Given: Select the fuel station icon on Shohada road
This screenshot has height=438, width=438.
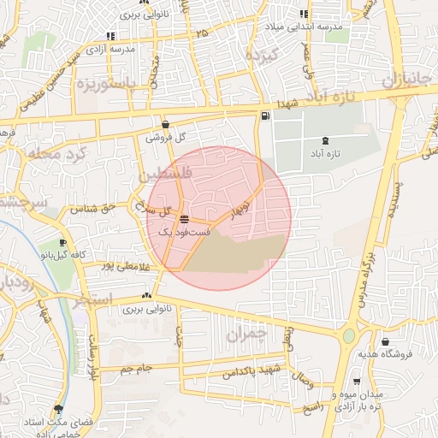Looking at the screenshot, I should tap(264, 115).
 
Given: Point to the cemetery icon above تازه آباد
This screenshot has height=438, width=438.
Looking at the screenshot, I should tap(324, 140).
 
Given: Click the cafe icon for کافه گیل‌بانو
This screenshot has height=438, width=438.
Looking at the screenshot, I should tap(62, 243).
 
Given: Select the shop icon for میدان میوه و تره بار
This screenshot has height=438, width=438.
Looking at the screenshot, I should tap(357, 382).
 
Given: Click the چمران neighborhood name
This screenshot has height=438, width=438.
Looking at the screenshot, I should tap(249, 334).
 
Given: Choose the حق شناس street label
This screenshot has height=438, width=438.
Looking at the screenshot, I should tap(97, 208).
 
